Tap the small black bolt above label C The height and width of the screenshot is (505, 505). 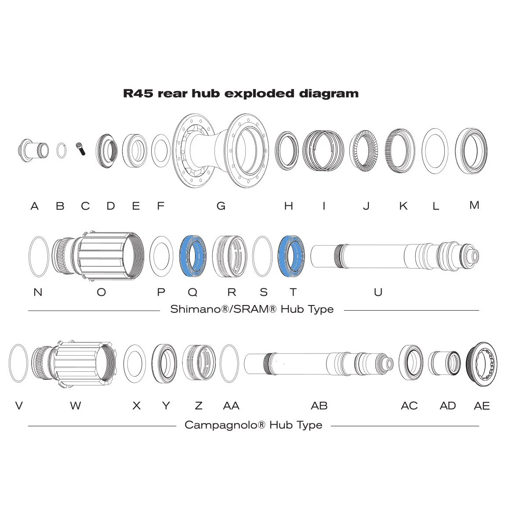(x=81, y=149)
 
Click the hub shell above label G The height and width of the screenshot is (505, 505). (x=221, y=149)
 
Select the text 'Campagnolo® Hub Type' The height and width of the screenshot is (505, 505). (x=253, y=425)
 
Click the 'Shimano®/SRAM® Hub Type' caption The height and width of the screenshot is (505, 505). (x=252, y=309)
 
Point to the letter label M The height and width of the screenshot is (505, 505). (x=474, y=205)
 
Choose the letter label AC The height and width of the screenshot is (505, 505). (x=409, y=406)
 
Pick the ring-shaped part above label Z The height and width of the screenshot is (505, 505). (x=198, y=363)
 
